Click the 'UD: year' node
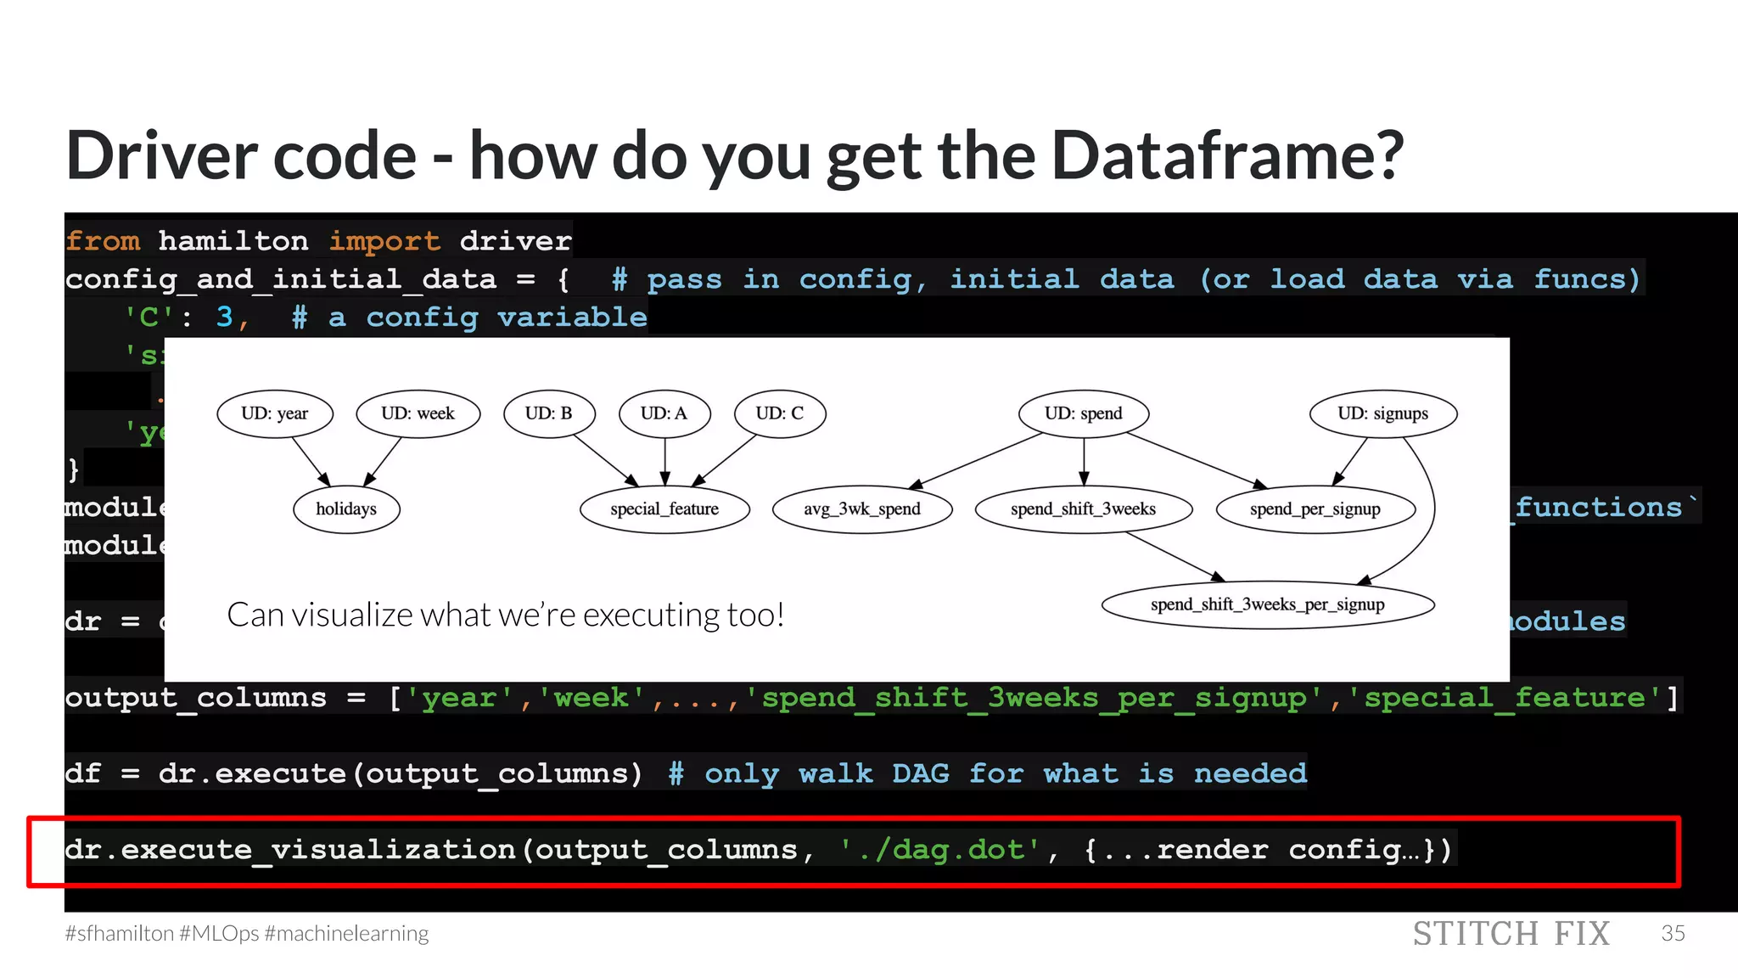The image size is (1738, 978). tap(275, 413)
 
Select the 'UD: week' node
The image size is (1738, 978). tap(418, 413)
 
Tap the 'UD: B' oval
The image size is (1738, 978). tap(549, 413)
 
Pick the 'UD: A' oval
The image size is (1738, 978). tap(664, 413)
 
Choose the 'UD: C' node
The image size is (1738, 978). tap(779, 413)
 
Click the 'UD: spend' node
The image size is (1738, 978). tap(1083, 413)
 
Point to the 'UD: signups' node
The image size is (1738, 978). tap(1382, 413)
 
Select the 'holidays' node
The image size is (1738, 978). tap(346, 509)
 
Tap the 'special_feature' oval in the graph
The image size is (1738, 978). tap(664, 509)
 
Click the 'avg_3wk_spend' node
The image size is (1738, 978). tap(862, 509)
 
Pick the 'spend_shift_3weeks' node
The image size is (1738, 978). tap(1083, 509)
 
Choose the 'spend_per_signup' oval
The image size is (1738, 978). tap(1315, 509)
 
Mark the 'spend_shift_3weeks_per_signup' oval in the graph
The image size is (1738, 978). tap(1268, 604)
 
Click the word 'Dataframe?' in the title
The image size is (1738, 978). tap(1227, 156)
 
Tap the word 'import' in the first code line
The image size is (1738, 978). tap(384, 241)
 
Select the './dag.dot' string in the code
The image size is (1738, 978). tap(939, 850)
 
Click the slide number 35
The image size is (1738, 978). tap(1673, 933)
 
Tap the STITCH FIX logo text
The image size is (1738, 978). tap(1511, 934)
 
